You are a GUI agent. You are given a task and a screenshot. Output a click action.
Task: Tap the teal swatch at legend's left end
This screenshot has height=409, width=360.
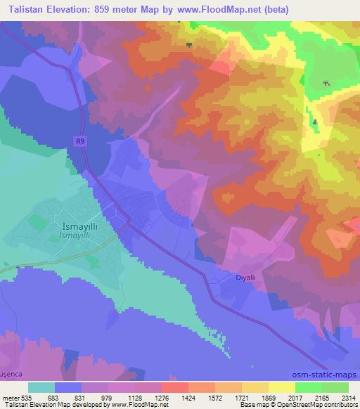pyautogui.click(x=41, y=388)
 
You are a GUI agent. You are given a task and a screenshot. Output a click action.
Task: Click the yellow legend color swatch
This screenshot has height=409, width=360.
pyautogui.click(x=281, y=388)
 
